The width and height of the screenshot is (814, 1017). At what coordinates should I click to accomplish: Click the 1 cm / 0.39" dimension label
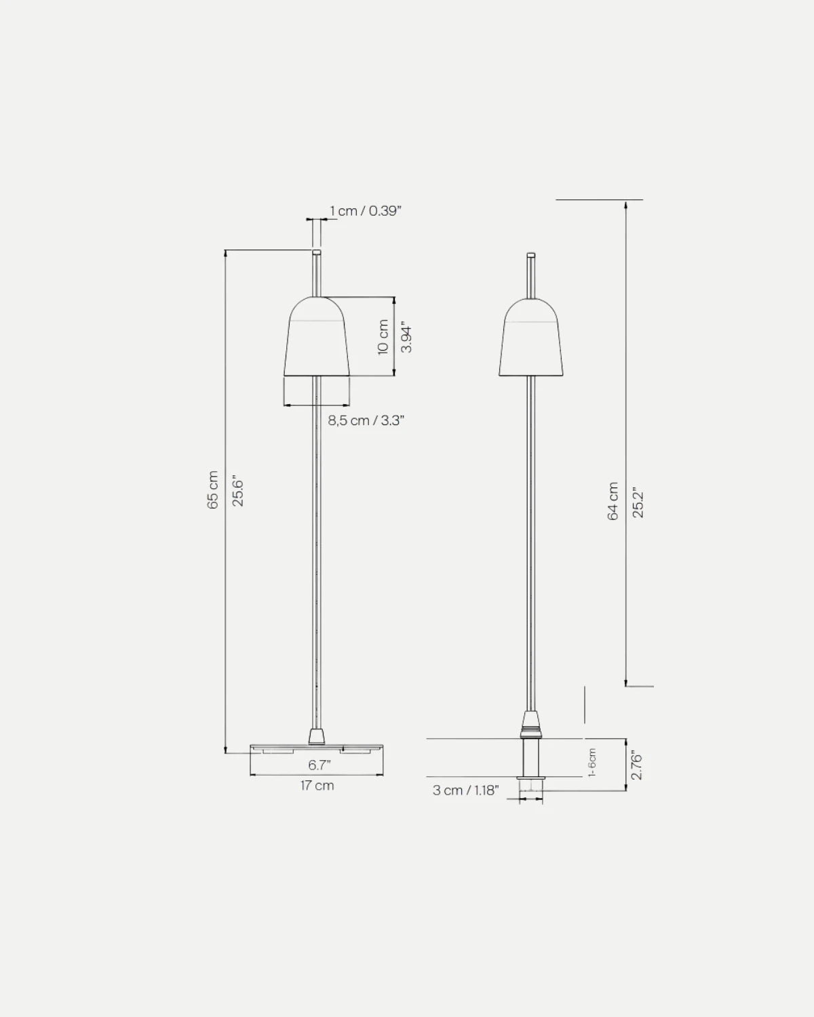pyautogui.click(x=366, y=211)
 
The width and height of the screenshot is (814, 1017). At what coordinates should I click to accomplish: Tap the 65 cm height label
pyautogui.click(x=213, y=490)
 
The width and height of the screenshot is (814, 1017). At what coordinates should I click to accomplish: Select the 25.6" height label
pyautogui.click(x=237, y=490)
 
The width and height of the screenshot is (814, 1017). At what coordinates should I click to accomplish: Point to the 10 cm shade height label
pyautogui.click(x=383, y=337)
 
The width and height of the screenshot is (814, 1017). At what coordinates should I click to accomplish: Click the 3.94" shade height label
pyautogui.click(x=406, y=337)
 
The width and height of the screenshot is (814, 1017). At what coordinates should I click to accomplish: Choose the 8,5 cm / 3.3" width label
pyautogui.click(x=366, y=420)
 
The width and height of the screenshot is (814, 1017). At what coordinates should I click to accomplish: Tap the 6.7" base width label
pyautogui.click(x=319, y=765)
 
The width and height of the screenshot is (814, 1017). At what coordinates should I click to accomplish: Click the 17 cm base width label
pyautogui.click(x=317, y=786)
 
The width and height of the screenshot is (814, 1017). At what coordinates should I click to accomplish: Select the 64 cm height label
pyautogui.click(x=613, y=501)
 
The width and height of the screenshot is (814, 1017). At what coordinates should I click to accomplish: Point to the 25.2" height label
pyautogui.click(x=638, y=501)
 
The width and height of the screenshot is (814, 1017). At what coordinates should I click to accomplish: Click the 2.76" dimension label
pyautogui.click(x=636, y=765)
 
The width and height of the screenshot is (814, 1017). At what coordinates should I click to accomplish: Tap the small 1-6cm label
pyautogui.click(x=592, y=763)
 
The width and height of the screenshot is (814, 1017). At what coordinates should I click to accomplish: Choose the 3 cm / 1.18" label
pyautogui.click(x=465, y=790)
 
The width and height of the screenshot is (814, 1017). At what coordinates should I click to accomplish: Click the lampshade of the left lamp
pyautogui.click(x=317, y=339)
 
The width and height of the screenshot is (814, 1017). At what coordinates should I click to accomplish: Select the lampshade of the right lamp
pyautogui.click(x=531, y=339)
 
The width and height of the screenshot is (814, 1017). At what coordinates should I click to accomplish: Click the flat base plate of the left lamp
pyautogui.click(x=317, y=748)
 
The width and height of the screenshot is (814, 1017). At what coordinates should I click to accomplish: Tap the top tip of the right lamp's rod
pyautogui.click(x=531, y=256)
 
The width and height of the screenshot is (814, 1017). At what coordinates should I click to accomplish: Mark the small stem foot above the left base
pyautogui.click(x=317, y=736)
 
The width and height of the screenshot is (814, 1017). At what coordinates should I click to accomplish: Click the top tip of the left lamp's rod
pyautogui.click(x=317, y=253)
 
